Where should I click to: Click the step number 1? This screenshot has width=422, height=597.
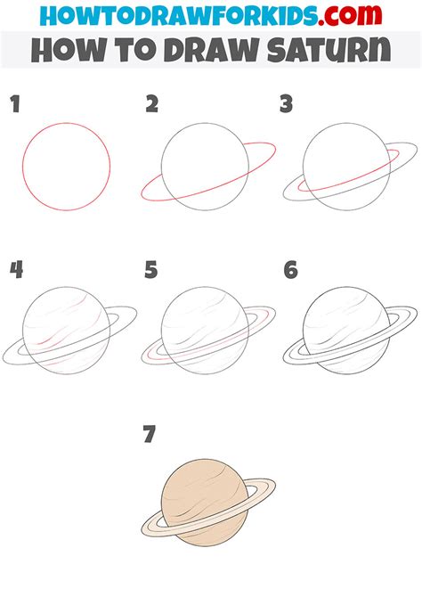point(14,105)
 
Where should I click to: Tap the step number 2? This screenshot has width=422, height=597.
point(151,105)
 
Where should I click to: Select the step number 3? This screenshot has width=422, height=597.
point(287,105)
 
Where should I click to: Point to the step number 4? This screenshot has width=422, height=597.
point(15,269)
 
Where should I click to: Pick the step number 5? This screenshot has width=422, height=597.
point(151,269)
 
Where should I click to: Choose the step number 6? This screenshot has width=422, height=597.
point(289,269)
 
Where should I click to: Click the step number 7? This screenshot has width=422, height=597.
point(150,434)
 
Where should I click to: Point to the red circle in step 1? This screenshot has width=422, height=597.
point(67,166)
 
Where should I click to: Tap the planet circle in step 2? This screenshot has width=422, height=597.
point(203,165)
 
